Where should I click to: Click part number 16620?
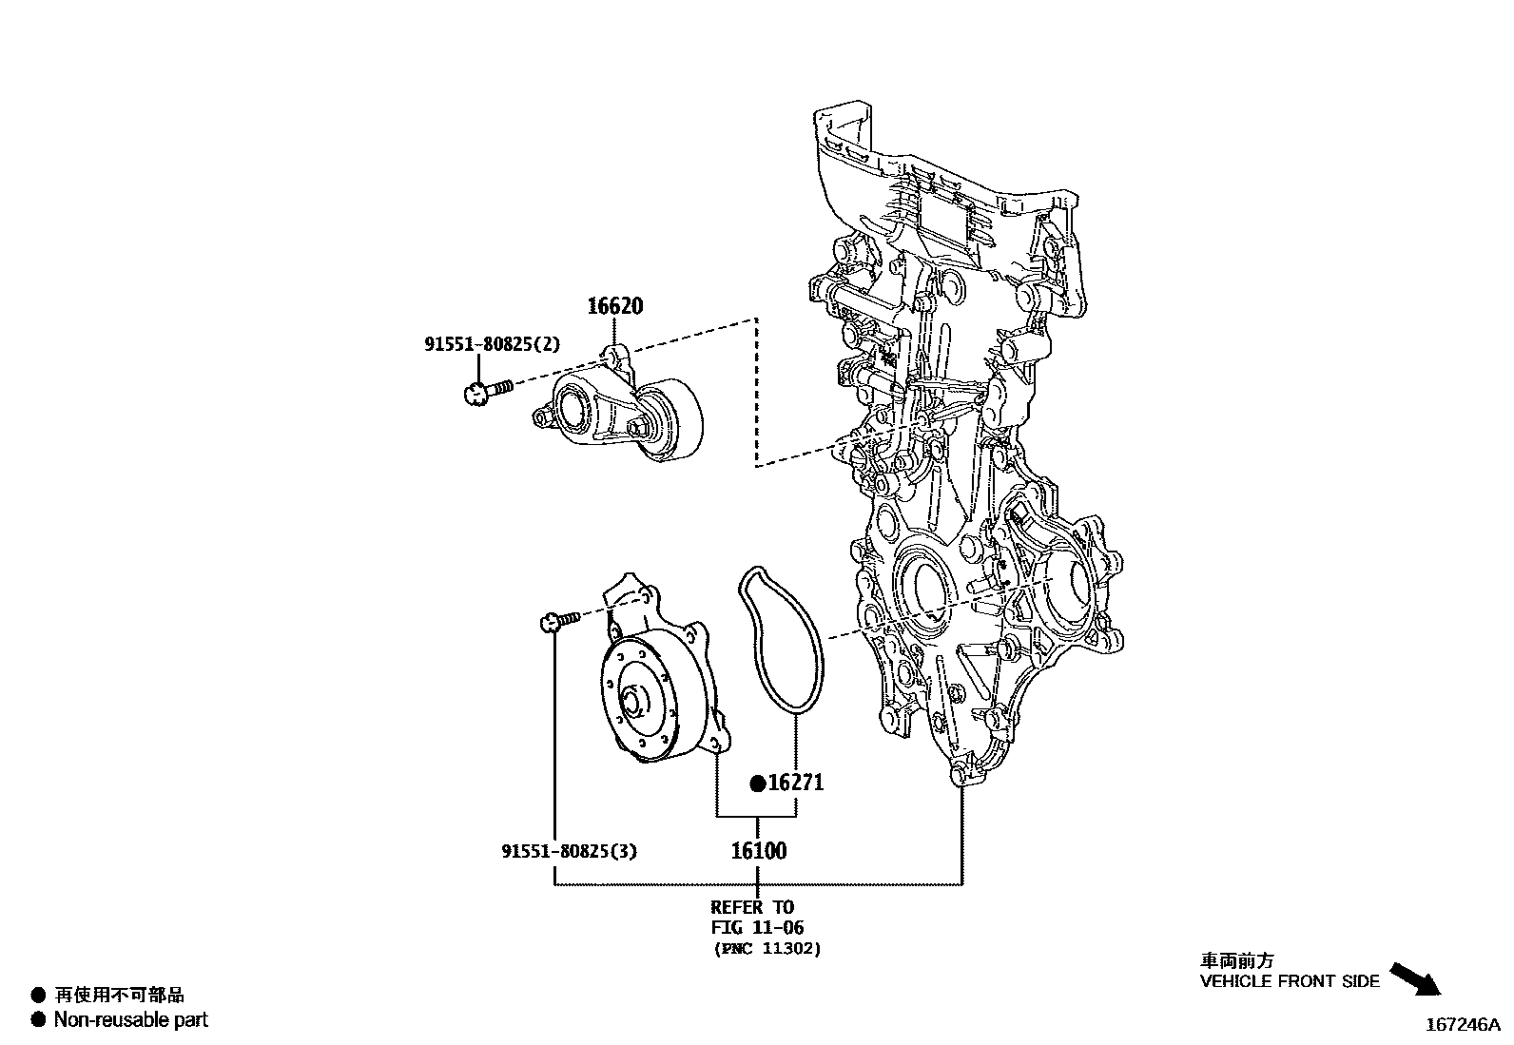coord(614,306)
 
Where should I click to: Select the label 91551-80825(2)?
coord(492,345)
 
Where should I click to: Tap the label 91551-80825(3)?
coord(569,851)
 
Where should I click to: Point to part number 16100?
coord(758,851)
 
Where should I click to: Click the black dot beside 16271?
coord(758,784)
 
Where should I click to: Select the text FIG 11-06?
coord(757,927)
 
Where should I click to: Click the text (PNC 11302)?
coord(767,948)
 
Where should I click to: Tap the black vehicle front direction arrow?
coord(1415,978)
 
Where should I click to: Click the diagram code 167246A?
coord(1461,1025)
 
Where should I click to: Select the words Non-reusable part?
coord(130,1020)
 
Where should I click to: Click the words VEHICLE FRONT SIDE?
coord(1289,981)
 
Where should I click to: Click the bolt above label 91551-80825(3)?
coord(557,621)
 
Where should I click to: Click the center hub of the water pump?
coord(632,704)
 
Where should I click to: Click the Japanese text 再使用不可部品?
coord(119,996)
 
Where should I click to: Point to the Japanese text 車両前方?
coord(1236,960)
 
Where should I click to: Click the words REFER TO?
coord(751,907)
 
